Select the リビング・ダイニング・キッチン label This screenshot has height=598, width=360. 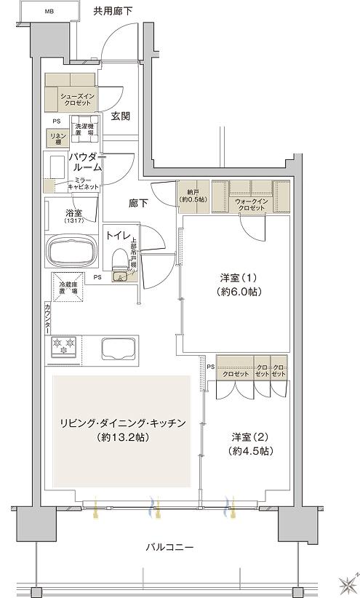pyautogui.click(x=124, y=429)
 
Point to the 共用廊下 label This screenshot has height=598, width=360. pyautogui.click(x=113, y=12)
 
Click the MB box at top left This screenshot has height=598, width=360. pyautogui.click(x=49, y=12)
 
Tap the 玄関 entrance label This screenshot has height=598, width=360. pyautogui.click(x=121, y=115)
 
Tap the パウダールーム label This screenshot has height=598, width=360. pyautogui.click(x=87, y=162)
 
